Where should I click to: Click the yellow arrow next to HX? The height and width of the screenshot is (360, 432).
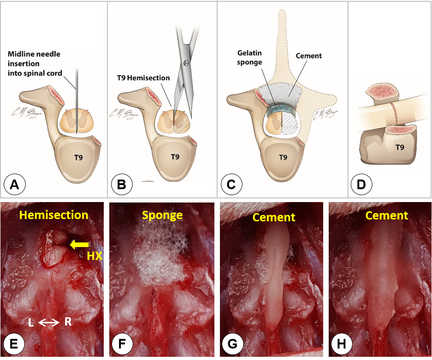(x=79, y=245)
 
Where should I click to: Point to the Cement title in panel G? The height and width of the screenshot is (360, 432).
(x=274, y=217)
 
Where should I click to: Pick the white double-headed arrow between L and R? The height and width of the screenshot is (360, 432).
(x=48, y=323)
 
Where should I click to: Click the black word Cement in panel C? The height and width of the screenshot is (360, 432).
(x=309, y=56)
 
